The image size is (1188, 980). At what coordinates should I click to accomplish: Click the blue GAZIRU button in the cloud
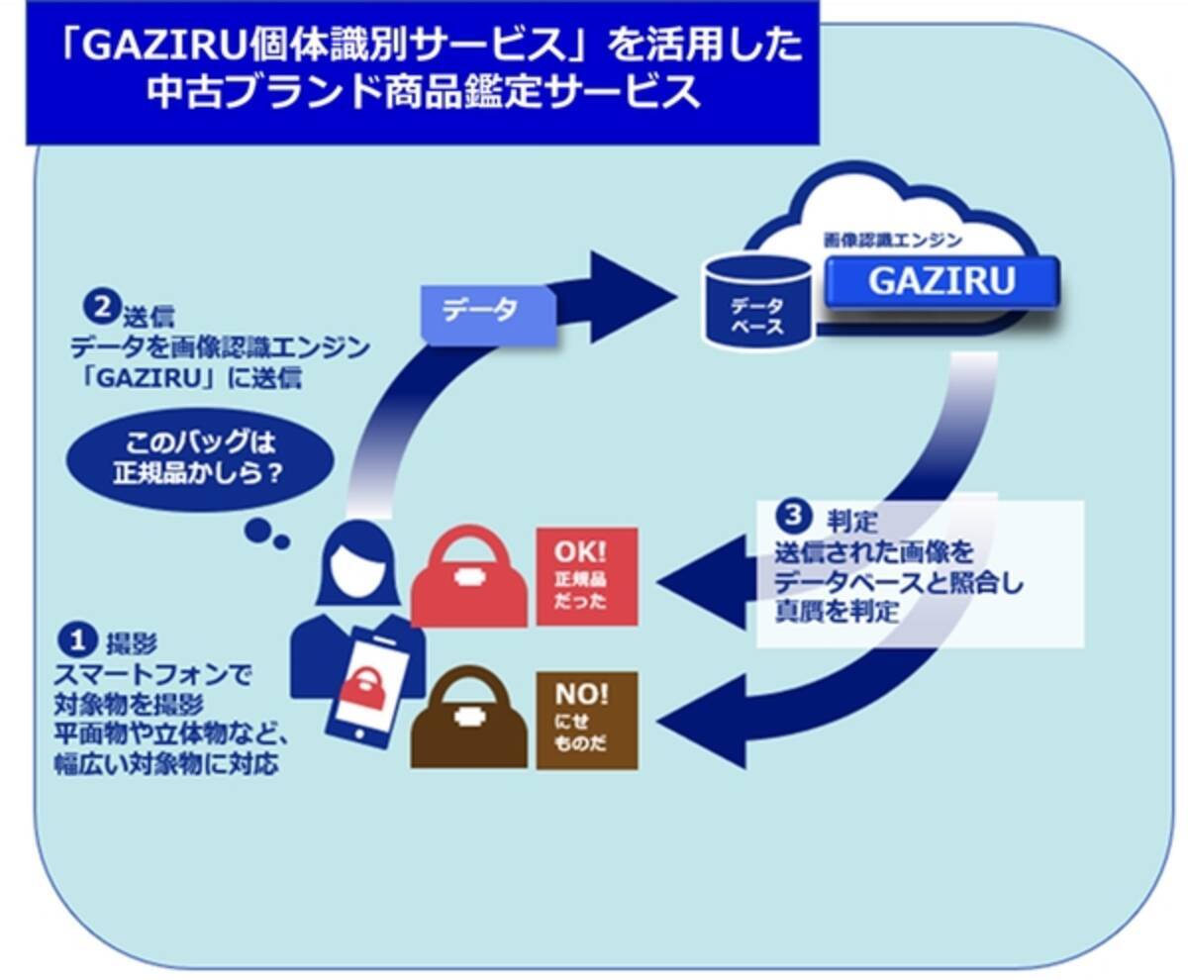[941, 281]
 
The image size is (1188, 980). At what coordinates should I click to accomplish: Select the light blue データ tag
[488, 310]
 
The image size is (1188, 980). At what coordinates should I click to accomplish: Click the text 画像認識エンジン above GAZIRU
[892, 240]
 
